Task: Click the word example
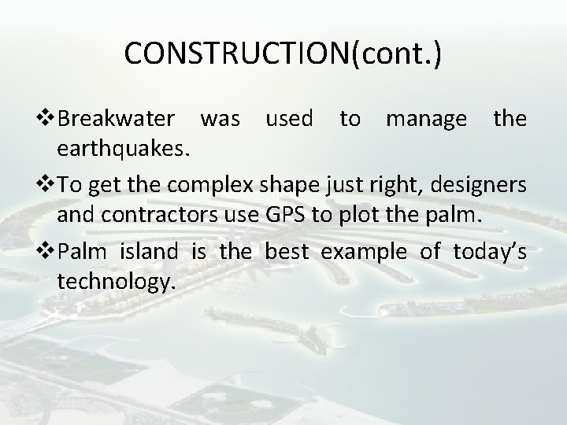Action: point(365,253)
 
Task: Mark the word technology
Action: point(114,283)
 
